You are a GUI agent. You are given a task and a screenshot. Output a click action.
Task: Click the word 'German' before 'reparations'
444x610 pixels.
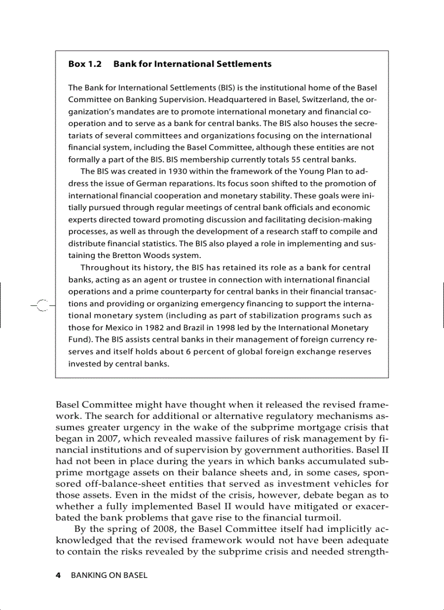click(141, 183)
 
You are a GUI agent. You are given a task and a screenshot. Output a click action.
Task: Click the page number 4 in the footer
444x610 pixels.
click(59, 575)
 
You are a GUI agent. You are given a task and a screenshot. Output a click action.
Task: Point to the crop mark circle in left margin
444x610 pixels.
click(44, 307)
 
